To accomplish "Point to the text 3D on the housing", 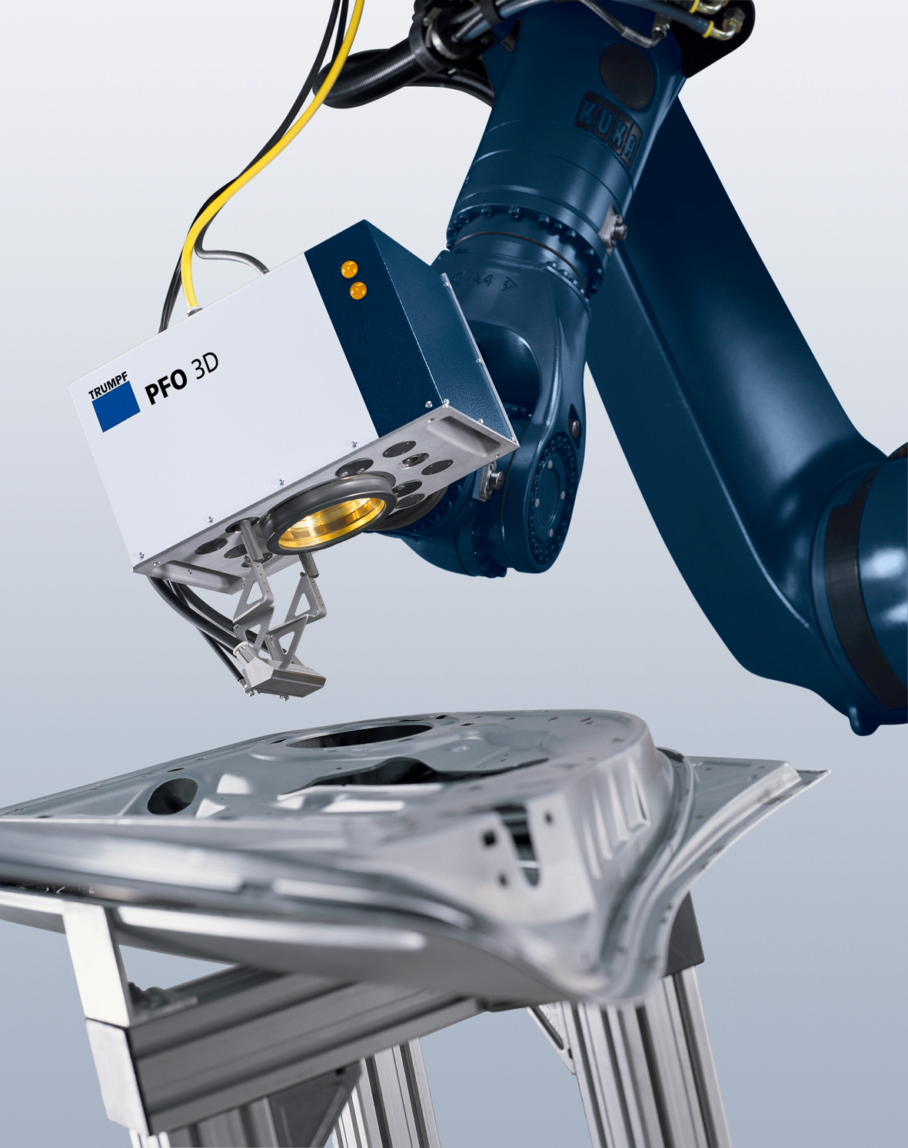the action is [x=205, y=367].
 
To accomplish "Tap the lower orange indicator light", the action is [x=357, y=290].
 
